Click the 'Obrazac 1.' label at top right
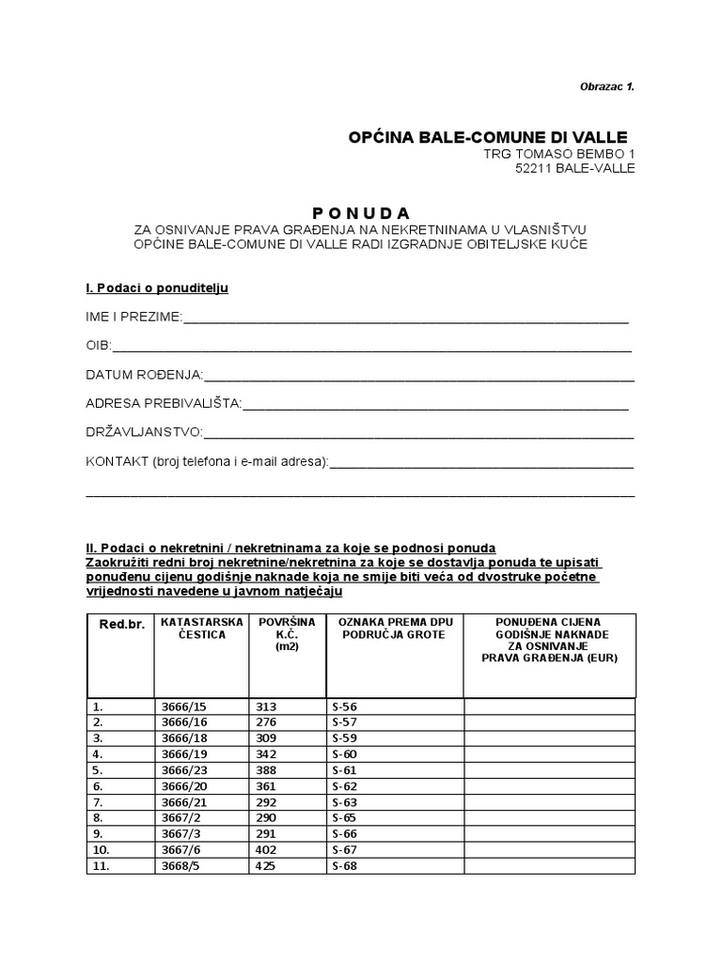click(x=606, y=86)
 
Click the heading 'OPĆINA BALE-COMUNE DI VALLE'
click(x=487, y=137)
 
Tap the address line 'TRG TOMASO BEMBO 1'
click(x=558, y=153)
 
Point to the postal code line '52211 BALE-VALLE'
click(x=575, y=168)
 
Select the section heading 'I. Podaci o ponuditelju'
click(x=157, y=287)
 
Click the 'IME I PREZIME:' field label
click(x=133, y=317)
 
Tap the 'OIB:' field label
click(x=99, y=346)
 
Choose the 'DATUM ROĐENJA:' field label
click(x=144, y=375)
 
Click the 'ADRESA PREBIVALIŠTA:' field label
click(x=164, y=404)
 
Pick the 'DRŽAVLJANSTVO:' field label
click(x=144, y=433)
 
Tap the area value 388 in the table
click(x=266, y=769)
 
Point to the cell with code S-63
click(x=345, y=801)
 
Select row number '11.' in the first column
click(x=100, y=865)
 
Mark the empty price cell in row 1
click(x=549, y=706)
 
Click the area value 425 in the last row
click(x=266, y=865)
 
